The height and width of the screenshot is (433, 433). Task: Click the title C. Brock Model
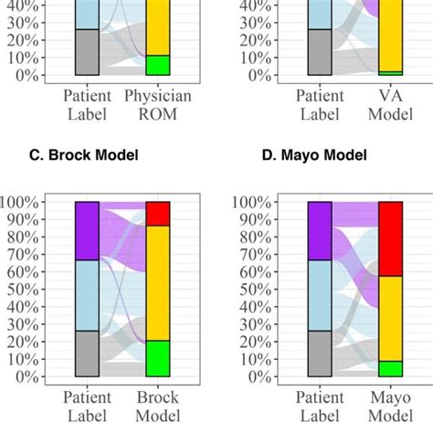click(83, 155)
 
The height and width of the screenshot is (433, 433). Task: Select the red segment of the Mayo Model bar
click(390, 238)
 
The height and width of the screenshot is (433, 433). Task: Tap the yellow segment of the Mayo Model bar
click(390, 319)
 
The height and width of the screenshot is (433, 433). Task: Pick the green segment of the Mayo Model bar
click(390, 368)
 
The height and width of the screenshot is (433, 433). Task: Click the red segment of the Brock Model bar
click(157, 214)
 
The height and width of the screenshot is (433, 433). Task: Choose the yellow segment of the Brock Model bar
click(157, 283)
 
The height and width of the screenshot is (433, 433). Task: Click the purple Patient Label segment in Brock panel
click(86, 231)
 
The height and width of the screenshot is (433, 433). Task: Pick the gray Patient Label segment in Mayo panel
click(319, 354)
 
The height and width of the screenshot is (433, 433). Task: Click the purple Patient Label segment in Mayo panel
click(319, 231)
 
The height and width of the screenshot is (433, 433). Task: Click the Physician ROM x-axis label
click(157, 104)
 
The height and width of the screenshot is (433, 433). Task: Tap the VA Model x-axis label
click(390, 104)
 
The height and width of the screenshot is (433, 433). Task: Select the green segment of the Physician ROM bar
click(157, 65)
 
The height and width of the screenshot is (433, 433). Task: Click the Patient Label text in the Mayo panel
click(319, 407)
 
